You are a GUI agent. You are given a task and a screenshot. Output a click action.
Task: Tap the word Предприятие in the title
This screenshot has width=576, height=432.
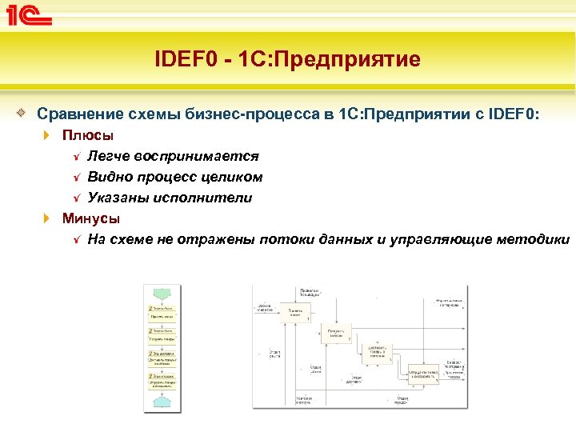(x=359, y=59)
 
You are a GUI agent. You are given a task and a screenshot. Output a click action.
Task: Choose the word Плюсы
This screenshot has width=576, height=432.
(x=88, y=135)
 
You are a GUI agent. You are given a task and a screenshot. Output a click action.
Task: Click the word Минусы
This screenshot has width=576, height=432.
(x=91, y=218)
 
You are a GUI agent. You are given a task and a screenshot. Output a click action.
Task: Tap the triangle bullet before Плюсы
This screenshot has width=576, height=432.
(x=48, y=136)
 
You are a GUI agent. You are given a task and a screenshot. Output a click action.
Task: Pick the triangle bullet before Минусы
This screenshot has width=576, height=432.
(x=48, y=219)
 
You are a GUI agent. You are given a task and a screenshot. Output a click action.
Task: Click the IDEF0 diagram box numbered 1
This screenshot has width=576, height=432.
(x=295, y=313)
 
